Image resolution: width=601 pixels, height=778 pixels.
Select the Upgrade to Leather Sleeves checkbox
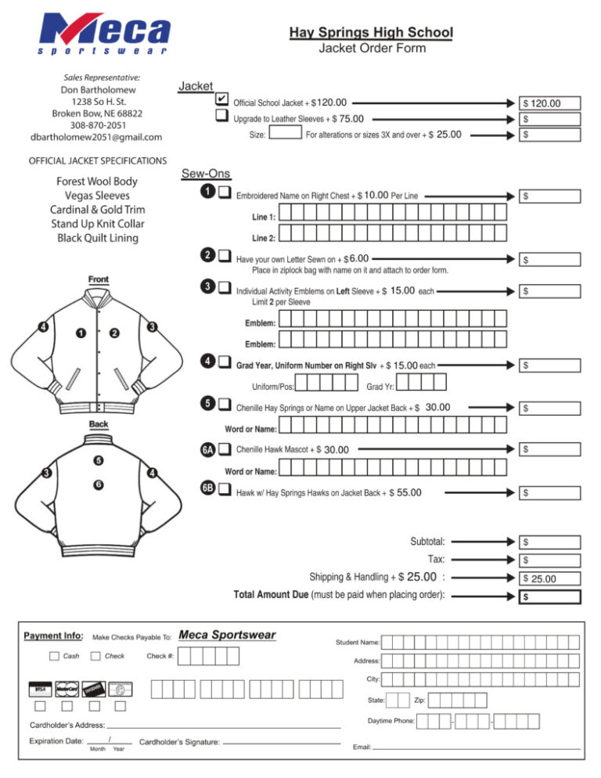(221, 118)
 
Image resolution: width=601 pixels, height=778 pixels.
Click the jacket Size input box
(285, 134)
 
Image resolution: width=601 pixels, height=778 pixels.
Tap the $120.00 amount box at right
(551, 103)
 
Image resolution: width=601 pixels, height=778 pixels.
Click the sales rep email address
(95, 137)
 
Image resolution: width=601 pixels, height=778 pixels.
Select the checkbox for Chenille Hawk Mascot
(225, 449)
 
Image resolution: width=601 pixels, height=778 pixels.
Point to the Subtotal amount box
(551, 541)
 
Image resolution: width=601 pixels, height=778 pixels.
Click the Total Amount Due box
(551, 596)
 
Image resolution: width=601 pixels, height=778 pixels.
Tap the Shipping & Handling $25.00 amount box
(551, 578)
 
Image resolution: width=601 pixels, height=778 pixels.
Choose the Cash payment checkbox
(54, 655)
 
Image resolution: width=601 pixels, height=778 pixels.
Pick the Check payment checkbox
(95, 655)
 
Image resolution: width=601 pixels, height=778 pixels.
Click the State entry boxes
(398, 700)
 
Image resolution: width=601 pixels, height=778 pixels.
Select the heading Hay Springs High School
(371, 33)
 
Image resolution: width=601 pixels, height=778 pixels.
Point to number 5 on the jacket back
(99, 460)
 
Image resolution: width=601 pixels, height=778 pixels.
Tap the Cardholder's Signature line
(283, 740)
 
